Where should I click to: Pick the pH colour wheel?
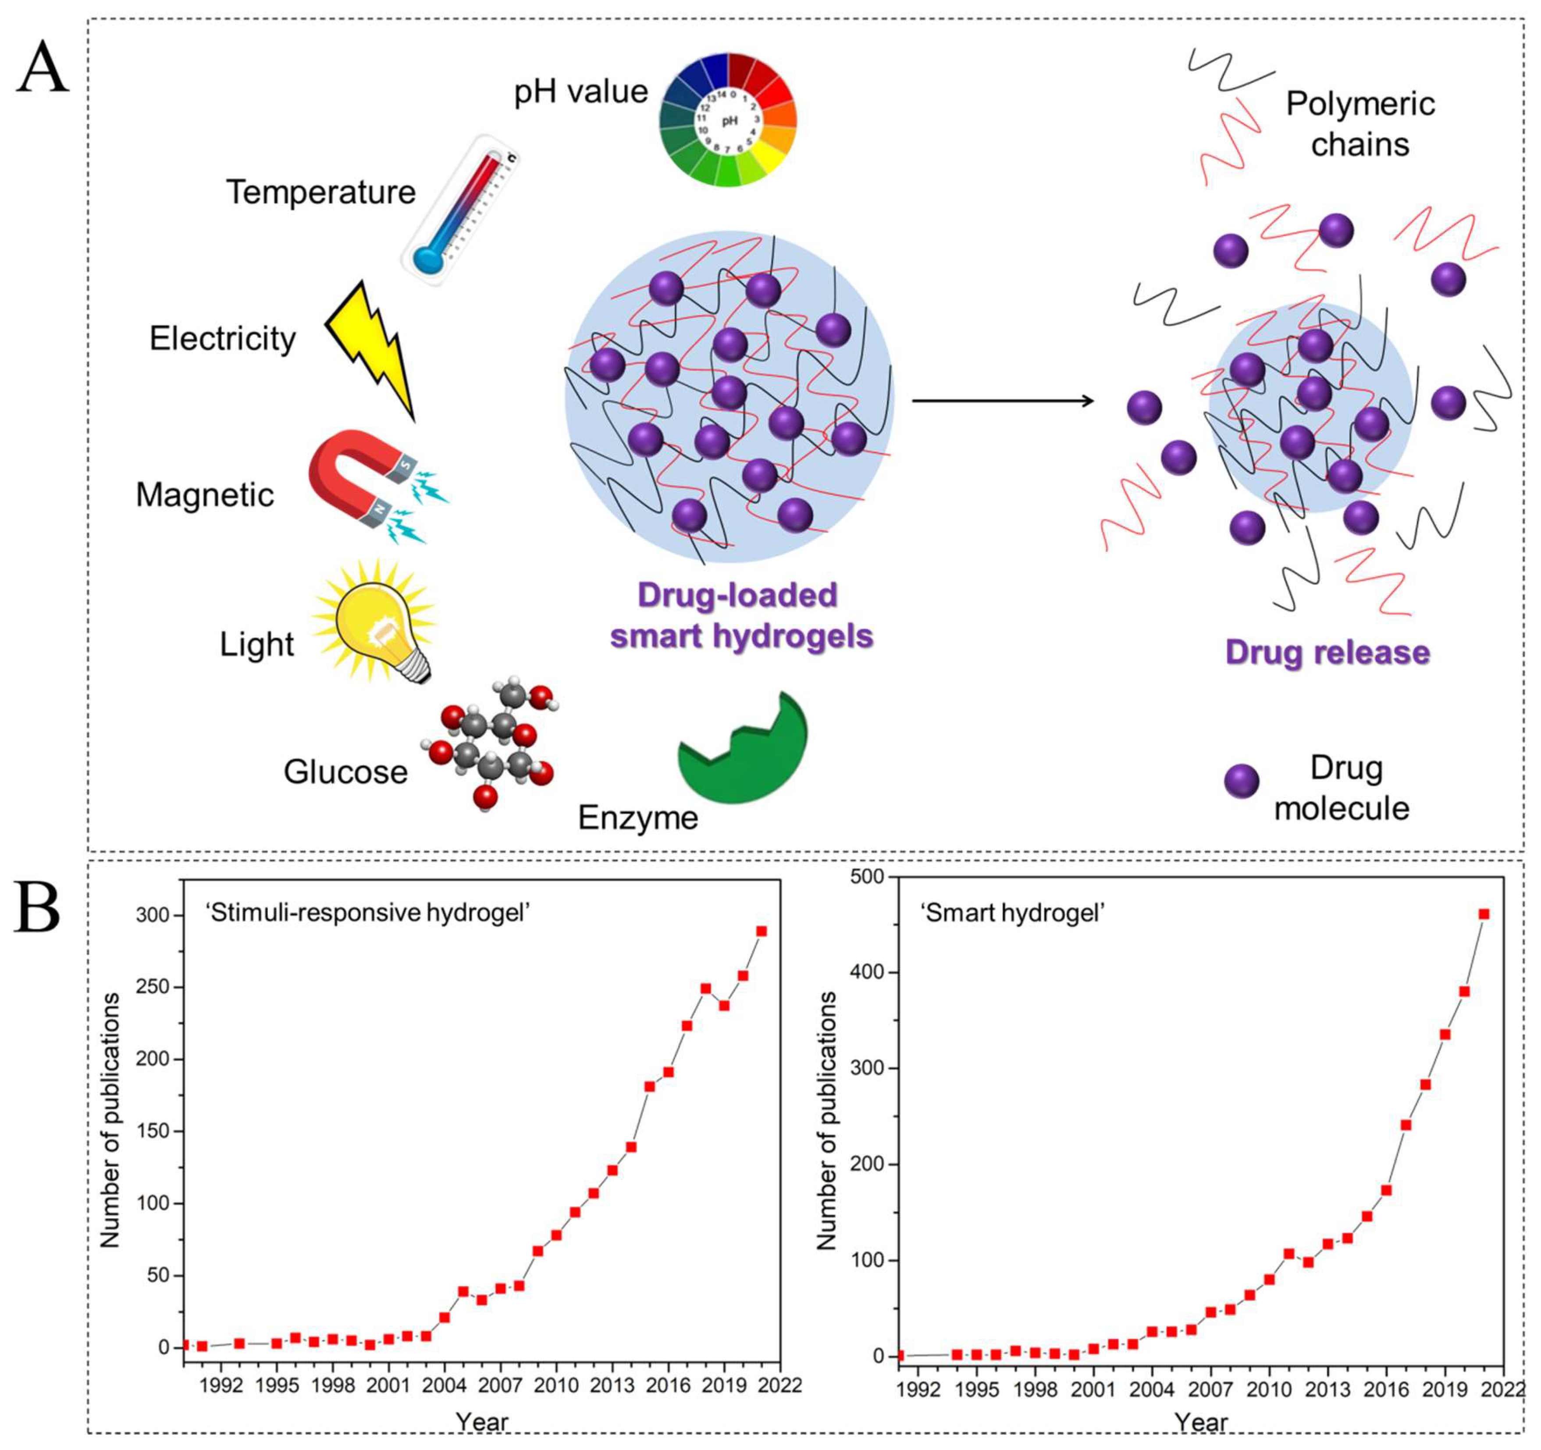pos(727,120)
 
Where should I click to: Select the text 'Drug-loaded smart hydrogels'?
pos(740,616)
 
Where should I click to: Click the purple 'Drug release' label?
pos(1327,653)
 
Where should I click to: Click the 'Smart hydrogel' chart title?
pos(1011,913)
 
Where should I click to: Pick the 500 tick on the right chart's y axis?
pos(868,877)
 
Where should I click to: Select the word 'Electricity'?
pos(222,339)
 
